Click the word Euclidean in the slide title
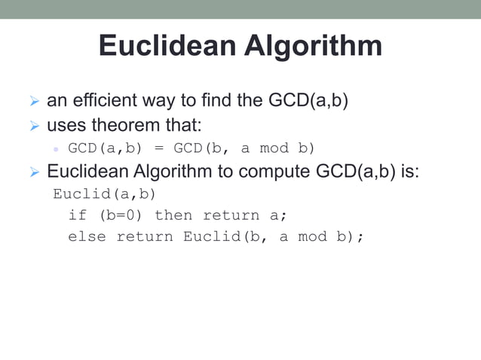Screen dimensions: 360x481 click(x=167, y=46)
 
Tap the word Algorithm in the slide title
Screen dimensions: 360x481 click(x=311, y=46)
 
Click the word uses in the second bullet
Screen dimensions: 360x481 click(x=66, y=124)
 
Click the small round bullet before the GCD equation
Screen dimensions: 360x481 click(x=56, y=148)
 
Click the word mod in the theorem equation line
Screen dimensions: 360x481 click(x=274, y=148)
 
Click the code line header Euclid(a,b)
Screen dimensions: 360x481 click(x=104, y=194)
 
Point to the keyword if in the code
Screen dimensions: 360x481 click(x=77, y=215)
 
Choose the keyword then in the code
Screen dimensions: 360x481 click(x=173, y=215)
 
